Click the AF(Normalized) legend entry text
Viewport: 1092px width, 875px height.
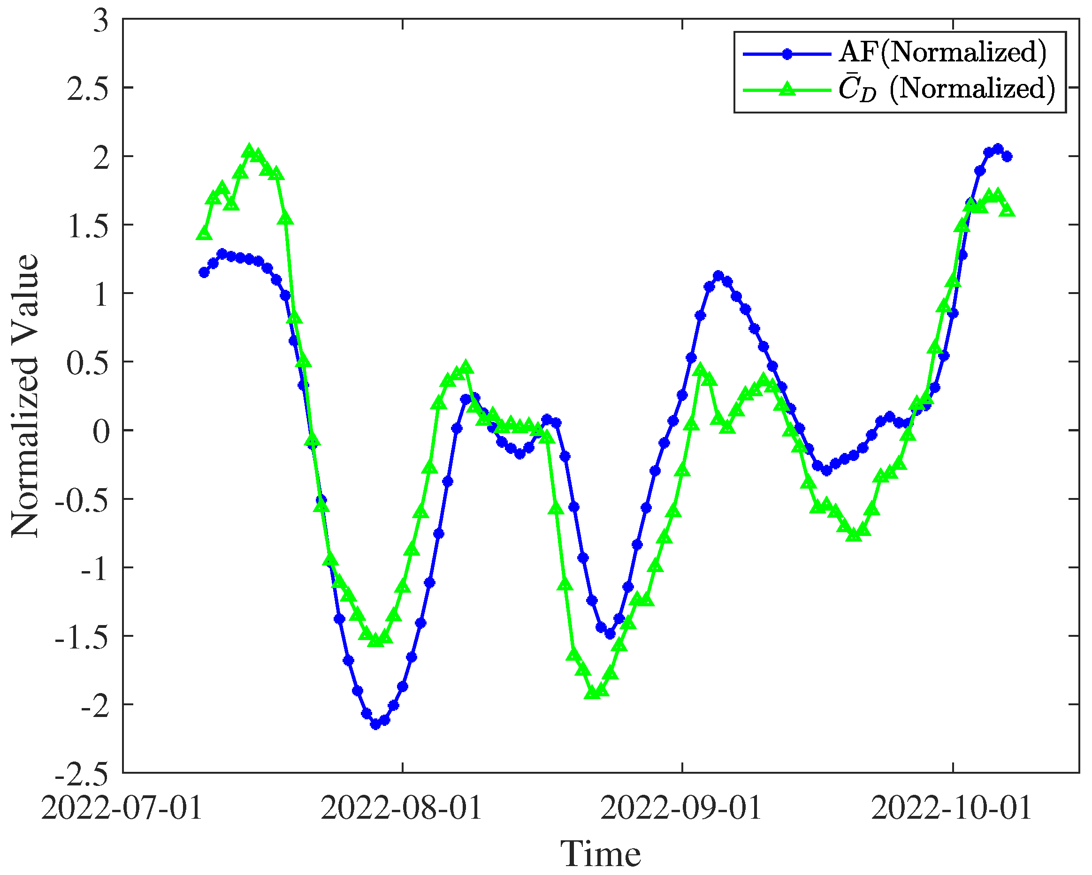point(943,53)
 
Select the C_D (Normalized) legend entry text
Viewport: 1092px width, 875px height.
point(947,89)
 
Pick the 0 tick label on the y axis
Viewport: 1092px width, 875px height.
point(101,432)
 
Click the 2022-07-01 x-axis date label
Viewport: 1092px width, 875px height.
point(122,809)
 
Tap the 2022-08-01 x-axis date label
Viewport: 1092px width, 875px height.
point(401,809)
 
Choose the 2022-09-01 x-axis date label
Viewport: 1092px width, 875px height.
point(681,809)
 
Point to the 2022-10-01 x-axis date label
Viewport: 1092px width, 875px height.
point(952,809)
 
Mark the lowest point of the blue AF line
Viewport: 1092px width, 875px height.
point(375,724)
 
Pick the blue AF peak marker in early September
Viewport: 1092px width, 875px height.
point(718,276)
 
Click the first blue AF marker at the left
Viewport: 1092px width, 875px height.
point(204,273)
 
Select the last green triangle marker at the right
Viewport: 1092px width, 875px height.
point(1007,209)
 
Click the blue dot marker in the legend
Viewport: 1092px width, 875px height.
point(787,54)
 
